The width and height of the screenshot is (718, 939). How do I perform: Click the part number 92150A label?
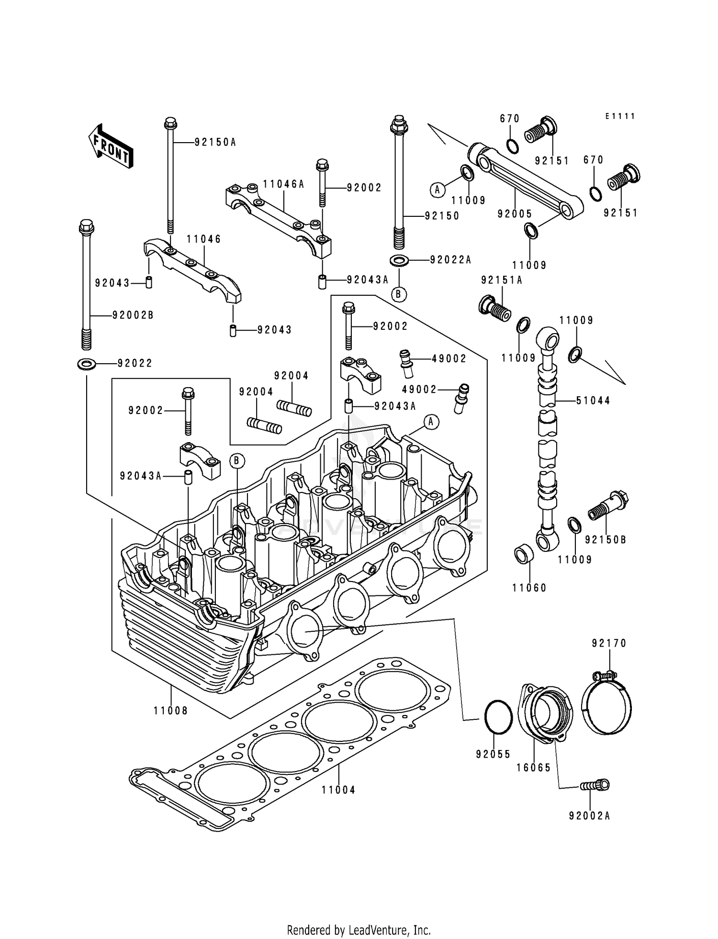215,143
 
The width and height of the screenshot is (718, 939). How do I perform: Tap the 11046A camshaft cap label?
283,184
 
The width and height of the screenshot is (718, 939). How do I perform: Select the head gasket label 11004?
338,790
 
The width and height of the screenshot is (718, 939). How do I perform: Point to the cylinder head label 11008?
171,711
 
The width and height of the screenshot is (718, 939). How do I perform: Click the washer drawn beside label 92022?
86,364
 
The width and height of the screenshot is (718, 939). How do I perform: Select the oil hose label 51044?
594,401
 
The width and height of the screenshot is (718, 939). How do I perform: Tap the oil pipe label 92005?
515,214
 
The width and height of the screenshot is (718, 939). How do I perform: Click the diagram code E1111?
620,116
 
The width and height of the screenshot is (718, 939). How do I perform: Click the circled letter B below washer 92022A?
398,294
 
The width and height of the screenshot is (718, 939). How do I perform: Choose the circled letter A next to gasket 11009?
437,190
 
